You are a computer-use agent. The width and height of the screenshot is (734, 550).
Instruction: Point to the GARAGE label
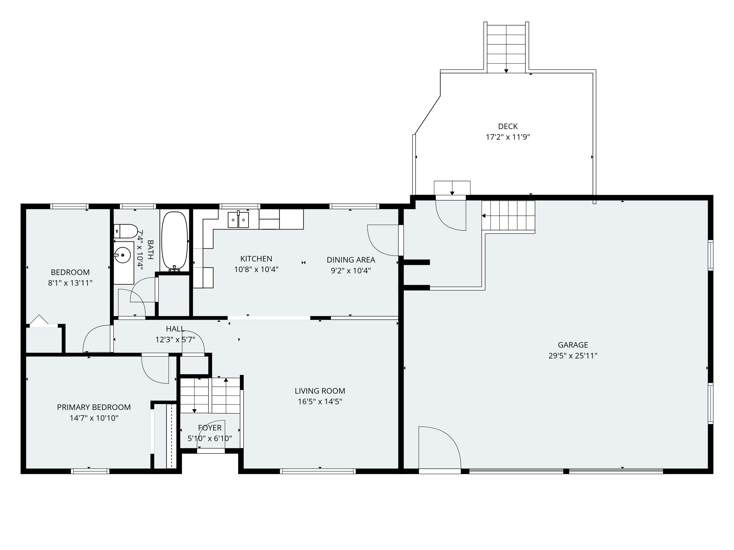pos(573,345)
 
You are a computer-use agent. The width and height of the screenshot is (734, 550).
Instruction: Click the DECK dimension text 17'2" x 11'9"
pos(508,137)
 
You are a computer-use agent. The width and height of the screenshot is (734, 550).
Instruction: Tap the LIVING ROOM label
pos(320,391)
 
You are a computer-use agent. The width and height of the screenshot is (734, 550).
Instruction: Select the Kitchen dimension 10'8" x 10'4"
pos(256,269)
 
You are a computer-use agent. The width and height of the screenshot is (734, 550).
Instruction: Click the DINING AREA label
pos(351,260)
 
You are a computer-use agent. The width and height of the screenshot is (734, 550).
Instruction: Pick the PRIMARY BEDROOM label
pos(94,407)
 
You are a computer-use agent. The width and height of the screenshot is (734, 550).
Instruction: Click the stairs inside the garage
pos(508,216)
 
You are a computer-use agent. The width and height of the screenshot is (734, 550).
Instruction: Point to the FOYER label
pos(210,428)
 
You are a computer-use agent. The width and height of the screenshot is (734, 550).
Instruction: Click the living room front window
pos(318,471)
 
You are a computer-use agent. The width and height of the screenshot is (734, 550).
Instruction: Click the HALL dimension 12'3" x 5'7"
pos(175,340)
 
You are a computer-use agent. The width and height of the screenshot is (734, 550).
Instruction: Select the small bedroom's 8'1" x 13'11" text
pos(70,283)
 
